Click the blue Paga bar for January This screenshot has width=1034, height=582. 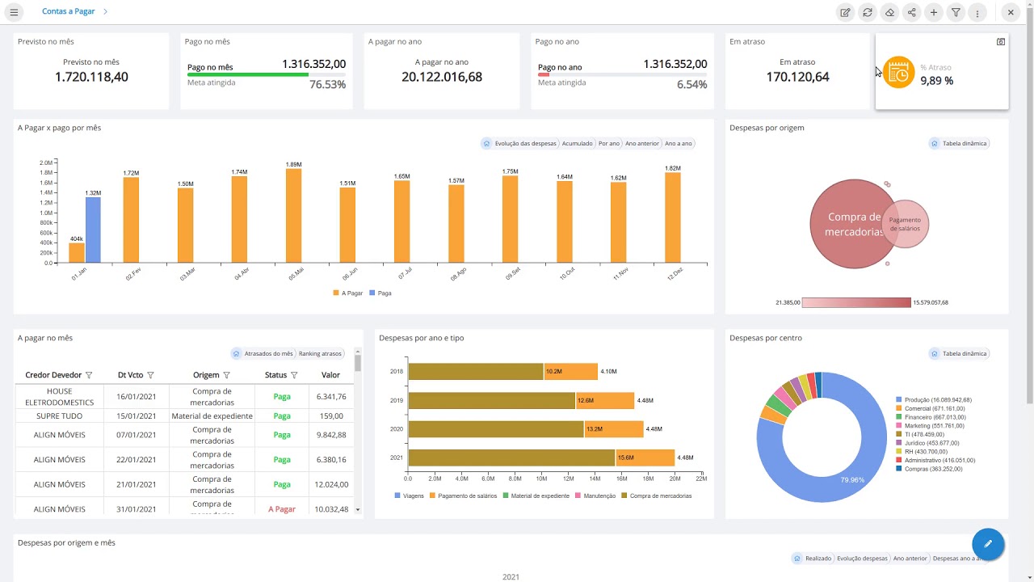coord(93,230)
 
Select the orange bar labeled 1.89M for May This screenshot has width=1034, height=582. coord(293,215)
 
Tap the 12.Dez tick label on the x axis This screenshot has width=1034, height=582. coord(675,274)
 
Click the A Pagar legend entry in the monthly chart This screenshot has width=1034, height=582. coord(348,293)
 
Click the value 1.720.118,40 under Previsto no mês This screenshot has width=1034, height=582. coord(91,77)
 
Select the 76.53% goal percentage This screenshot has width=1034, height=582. coord(327,84)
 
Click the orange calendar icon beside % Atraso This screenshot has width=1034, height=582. coord(898,73)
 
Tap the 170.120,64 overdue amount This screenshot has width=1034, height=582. coord(797,77)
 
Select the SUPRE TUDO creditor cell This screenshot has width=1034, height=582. coord(60,416)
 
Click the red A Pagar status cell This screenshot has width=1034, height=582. coord(282,509)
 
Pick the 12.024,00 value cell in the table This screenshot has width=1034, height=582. coord(330,484)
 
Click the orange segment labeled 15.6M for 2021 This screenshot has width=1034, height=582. coord(645,458)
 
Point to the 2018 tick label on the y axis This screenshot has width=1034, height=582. coord(397,372)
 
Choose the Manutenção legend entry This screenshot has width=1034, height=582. coord(599,496)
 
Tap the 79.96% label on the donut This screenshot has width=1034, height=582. coord(851,479)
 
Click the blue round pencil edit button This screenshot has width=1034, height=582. coord(987,543)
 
